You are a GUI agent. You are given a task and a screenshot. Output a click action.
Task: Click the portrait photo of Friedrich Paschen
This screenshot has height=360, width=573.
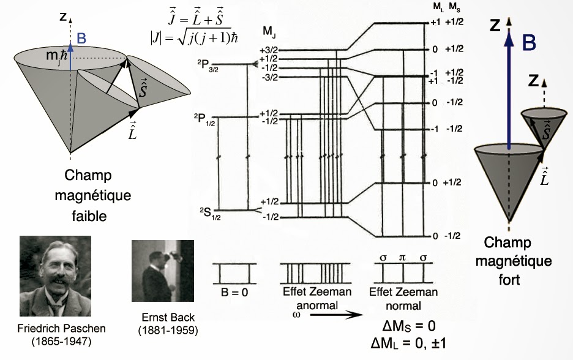[55, 276]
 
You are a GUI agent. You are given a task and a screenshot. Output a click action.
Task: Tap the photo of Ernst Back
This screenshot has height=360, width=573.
[163, 271]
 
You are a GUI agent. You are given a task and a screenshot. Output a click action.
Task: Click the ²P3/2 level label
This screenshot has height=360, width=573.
[208, 66]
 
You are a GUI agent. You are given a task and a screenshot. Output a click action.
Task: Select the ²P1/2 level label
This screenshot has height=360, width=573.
[204, 119]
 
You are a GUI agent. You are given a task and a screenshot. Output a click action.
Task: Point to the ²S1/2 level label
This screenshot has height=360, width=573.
[210, 214]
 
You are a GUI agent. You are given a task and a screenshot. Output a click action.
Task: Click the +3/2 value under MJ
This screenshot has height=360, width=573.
[268, 50]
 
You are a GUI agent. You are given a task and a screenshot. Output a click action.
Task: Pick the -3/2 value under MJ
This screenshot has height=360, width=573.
[269, 77]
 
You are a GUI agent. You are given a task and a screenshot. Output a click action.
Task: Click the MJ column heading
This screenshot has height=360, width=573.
[269, 32]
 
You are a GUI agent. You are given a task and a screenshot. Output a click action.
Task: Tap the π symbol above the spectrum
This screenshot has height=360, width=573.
[402, 258]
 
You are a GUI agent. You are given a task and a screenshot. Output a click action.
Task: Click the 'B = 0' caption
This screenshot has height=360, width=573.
[234, 293]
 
